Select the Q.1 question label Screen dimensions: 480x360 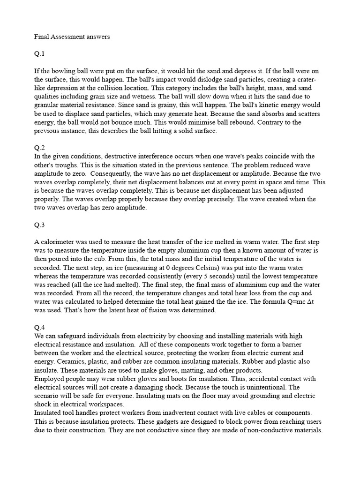pos(39,53)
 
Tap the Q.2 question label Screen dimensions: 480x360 pos(39,148)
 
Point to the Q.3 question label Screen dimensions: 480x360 pos(39,225)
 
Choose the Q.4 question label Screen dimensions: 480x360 pos(39,327)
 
